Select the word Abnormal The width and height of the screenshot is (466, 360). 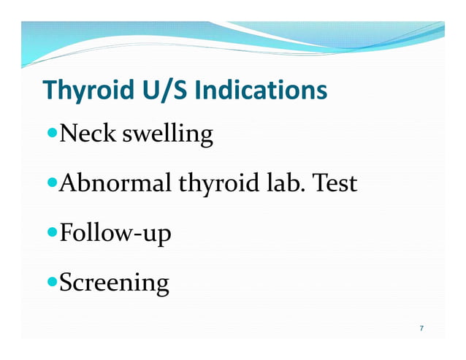(114, 183)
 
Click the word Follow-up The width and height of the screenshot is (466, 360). (115, 234)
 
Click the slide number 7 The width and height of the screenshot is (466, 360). (421, 328)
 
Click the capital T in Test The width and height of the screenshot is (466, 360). (318, 183)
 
